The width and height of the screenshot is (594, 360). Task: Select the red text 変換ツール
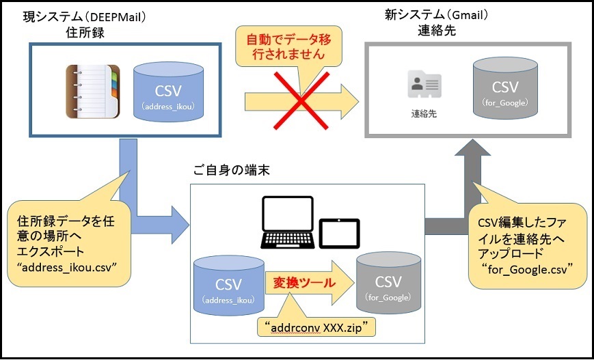click(296, 281)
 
